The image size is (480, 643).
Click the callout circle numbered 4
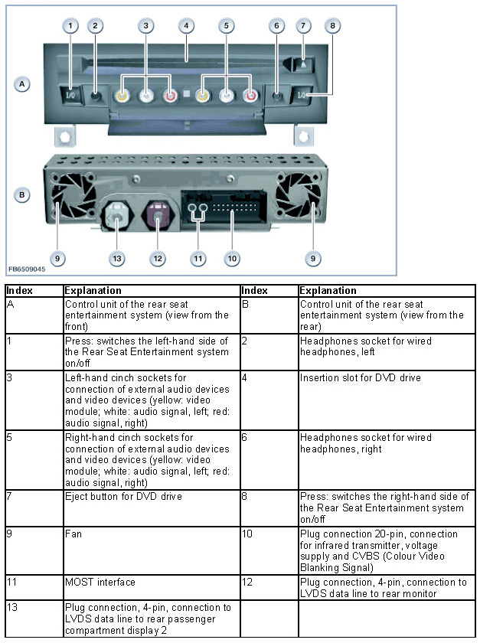(185, 26)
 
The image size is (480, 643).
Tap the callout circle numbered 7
(304, 26)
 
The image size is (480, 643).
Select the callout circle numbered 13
(116, 259)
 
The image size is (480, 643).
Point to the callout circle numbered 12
(158, 259)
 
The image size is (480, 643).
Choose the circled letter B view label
(23, 195)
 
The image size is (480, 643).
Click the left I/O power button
(70, 96)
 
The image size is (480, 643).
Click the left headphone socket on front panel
(96, 97)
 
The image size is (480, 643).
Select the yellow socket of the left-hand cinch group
(121, 97)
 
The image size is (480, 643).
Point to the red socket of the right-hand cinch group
(250, 97)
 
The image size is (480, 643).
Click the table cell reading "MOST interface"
(151, 583)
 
